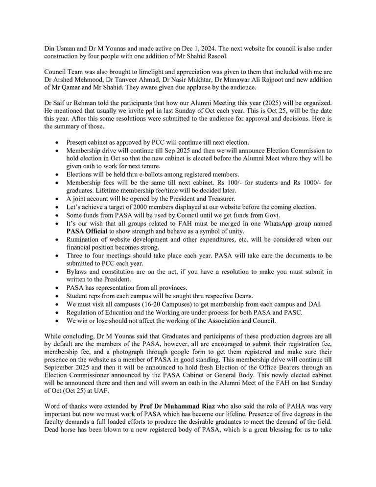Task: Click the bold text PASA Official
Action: click(87, 231)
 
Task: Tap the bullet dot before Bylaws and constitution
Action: click(58, 272)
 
